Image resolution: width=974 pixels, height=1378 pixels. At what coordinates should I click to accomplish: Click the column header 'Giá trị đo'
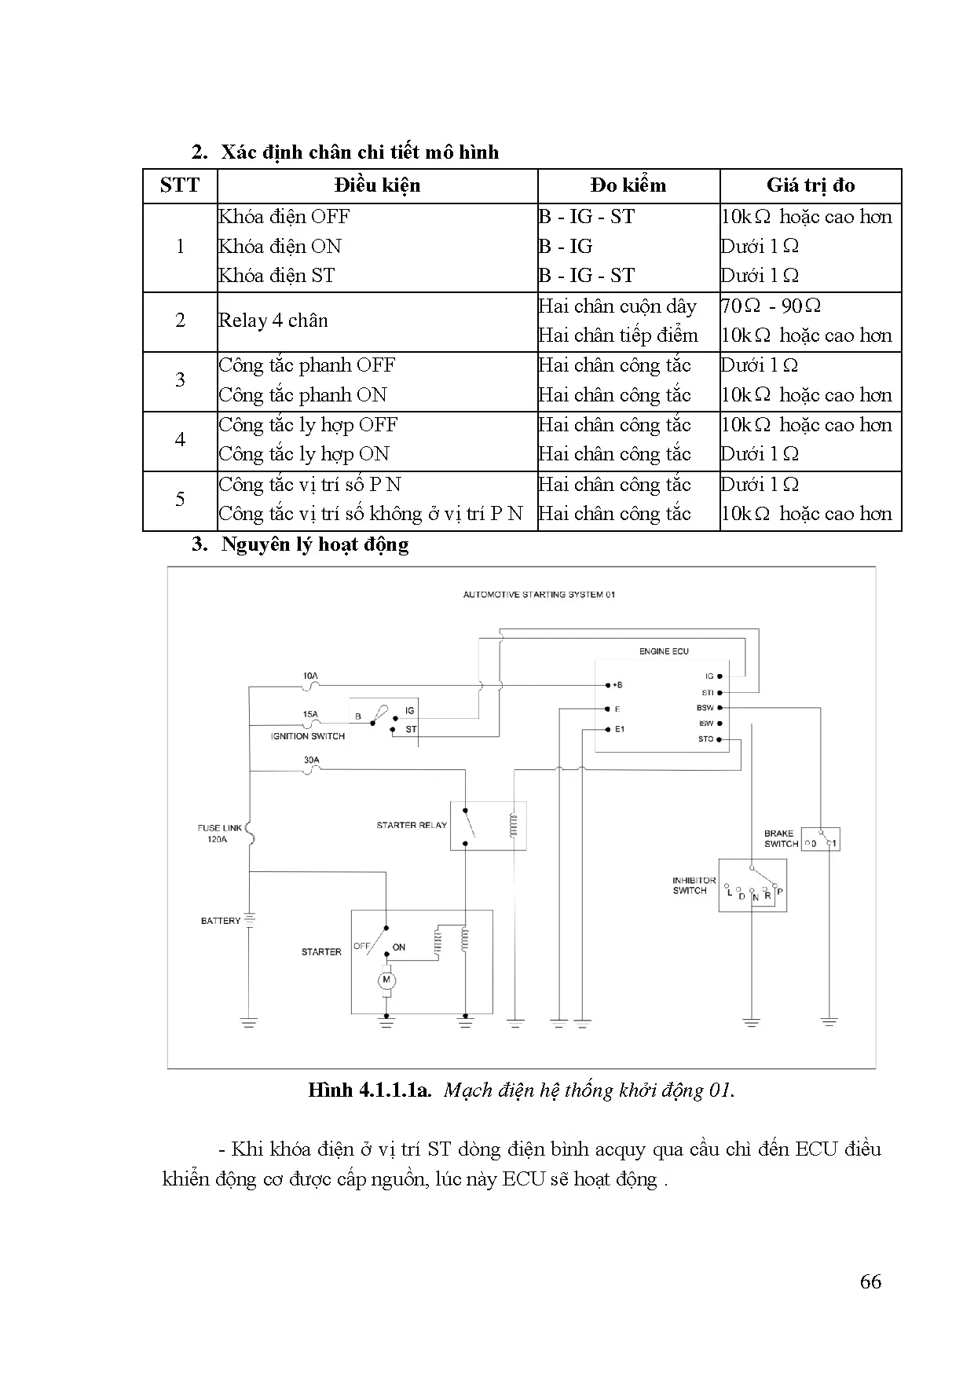click(811, 185)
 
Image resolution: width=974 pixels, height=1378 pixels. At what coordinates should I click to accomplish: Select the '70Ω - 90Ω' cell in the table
click(771, 306)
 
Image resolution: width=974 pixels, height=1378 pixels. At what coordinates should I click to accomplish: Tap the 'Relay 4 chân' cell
click(273, 321)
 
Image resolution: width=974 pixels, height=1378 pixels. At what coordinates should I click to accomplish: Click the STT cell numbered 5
click(180, 500)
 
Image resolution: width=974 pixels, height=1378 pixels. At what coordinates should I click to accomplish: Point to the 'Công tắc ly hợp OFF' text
click(308, 425)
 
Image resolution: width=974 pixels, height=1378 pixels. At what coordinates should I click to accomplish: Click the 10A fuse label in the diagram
click(310, 676)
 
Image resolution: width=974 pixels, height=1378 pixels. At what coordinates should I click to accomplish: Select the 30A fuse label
click(311, 760)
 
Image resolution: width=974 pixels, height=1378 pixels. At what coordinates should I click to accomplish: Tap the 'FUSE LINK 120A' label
click(220, 834)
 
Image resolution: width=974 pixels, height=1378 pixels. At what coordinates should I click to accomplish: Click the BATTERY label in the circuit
click(221, 921)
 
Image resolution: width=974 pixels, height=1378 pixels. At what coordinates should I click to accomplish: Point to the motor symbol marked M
click(386, 980)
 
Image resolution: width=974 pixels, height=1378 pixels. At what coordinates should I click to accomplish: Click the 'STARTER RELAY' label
click(412, 826)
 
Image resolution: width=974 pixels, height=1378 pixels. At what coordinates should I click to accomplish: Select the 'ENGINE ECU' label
click(664, 651)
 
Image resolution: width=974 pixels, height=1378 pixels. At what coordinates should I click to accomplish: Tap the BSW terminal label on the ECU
click(705, 708)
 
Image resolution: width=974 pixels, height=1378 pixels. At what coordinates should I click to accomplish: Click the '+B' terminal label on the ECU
click(617, 685)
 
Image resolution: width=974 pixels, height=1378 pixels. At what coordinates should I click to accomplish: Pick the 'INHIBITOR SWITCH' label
click(694, 885)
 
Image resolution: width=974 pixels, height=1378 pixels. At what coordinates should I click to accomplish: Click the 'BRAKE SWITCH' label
click(781, 838)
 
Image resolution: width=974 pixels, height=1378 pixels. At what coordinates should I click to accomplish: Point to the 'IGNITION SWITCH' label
click(308, 736)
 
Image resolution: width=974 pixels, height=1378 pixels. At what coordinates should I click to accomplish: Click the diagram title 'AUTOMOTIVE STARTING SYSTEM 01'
click(539, 595)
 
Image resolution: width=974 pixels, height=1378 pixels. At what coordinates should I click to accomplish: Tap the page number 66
click(870, 1282)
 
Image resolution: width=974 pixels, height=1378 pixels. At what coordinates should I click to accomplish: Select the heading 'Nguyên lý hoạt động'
click(314, 544)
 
